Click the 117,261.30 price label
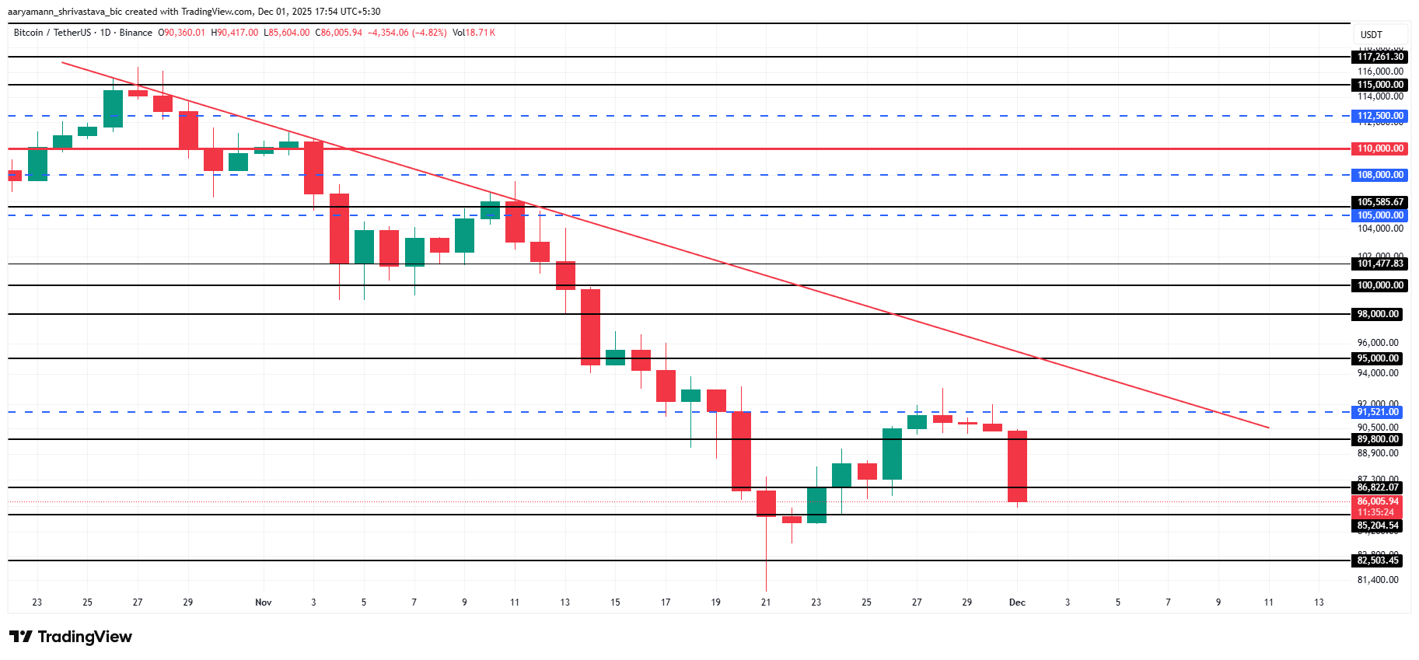pyautogui.click(x=1380, y=57)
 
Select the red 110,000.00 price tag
pyautogui.click(x=1380, y=148)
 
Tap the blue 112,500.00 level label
pyautogui.click(x=1380, y=116)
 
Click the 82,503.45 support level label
pyautogui.click(x=1378, y=560)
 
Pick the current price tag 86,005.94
pyautogui.click(x=1378, y=501)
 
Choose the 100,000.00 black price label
pyautogui.click(x=1380, y=285)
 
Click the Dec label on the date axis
pyautogui.click(x=1017, y=602)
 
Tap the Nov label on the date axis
pyautogui.click(x=264, y=602)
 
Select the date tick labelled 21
pyautogui.click(x=766, y=602)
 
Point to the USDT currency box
pyautogui.click(x=1372, y=35)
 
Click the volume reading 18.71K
pyautogui.click(x=480, y=33)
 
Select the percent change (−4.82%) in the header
pyautogui.click(x=429, y=33)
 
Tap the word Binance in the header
pyautogui.click(x=136, y=33)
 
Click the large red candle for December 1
pyautogui.click(x=1017, y=466)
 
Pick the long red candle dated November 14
pyautogui.click(x=590, y=327)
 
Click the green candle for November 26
pyautogui.click(x=892, y=454)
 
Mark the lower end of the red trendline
pyautogui.click(x=1268, y=428)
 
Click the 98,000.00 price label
pyautogui.click(x=1378, y=314)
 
